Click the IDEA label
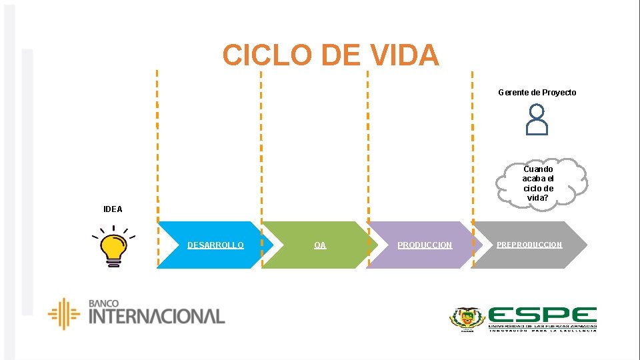(x=113, y=209)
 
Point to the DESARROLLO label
(x=215, y=245)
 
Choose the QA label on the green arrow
(x=320, y=245)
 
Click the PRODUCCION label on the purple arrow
(x=425, y=245)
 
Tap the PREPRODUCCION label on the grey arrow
(x=529, y=245)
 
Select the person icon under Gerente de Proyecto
(x=537, y=120)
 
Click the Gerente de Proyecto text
(x=537, y=93)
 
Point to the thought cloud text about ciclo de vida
(x=538, y=183)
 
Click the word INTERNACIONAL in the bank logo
(x=157, y=316)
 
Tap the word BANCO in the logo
(x=103, y=303)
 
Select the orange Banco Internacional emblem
(x=64, y=313)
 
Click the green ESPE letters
(x=542, y=316)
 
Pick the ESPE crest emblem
(x=467, y=319)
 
